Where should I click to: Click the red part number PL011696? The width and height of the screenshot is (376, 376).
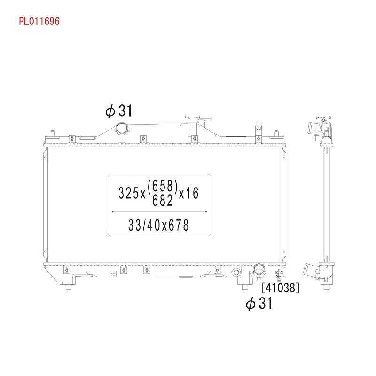(x=39, y=21)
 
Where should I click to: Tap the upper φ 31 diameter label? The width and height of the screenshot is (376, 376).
(x=119, y=111)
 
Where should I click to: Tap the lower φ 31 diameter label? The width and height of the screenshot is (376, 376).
(x=259, y=304)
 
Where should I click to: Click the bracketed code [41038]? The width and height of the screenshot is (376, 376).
(x=280, y=288)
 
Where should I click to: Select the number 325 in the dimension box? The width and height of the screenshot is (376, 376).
(x=129, y=193)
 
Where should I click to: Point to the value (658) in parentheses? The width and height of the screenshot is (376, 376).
(x=163, y=186)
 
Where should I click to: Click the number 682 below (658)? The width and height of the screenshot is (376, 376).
(x=163, y=200)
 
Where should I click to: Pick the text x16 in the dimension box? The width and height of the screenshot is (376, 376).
(x=189, y=193)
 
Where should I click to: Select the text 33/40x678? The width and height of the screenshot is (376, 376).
(x=159, y=225)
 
